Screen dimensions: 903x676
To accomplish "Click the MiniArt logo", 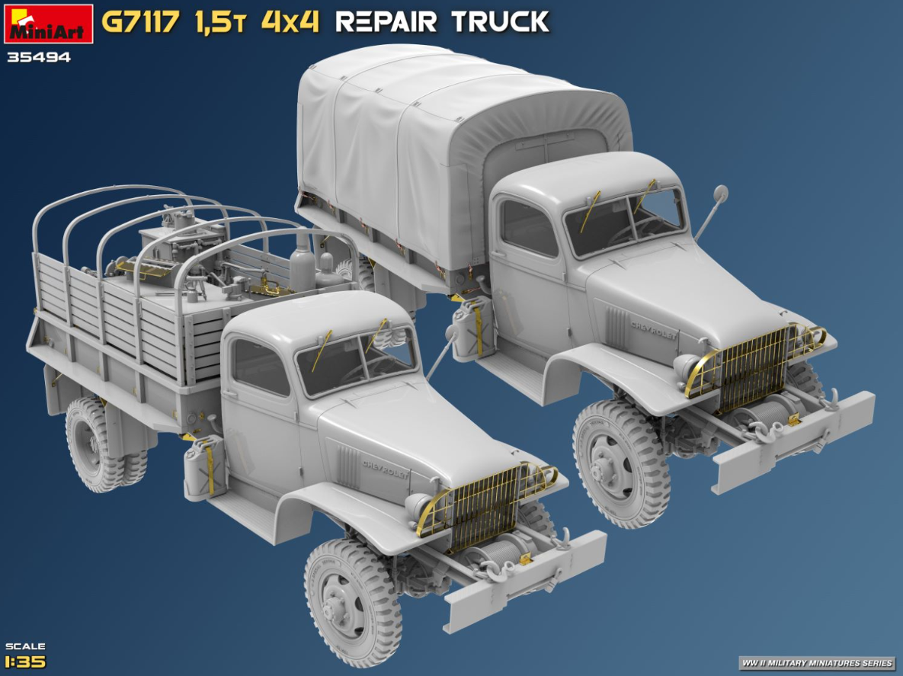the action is [x=48, y=24].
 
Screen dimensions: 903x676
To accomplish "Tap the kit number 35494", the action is [x=39, y=57].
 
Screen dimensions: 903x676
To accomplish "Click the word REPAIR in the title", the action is [x=386, y=22].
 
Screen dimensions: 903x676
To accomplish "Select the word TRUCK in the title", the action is [x=500, y=22].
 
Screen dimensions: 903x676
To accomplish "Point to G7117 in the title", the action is [x=141, y=22].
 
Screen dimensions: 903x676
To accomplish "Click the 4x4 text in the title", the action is [x=290, y=22].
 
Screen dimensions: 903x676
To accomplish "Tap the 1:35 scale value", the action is [x=24, y=662].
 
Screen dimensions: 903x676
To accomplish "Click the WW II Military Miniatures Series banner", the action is [x=817, y=663].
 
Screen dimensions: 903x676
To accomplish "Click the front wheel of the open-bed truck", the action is [x=353, y=602].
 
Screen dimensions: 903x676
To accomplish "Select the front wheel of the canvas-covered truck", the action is [x=621, y=464].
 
